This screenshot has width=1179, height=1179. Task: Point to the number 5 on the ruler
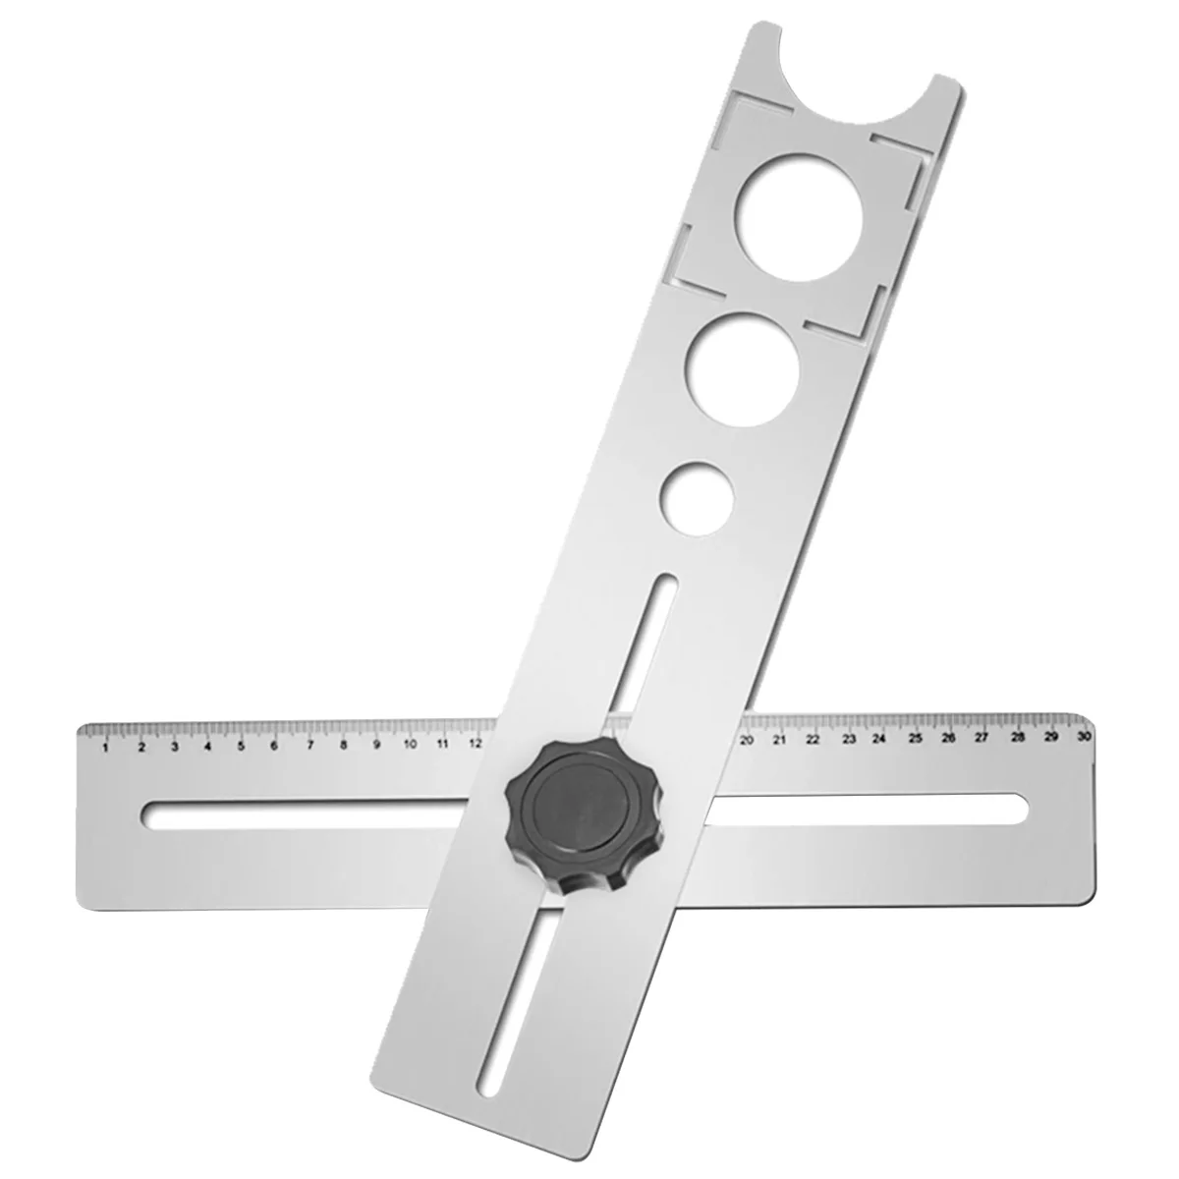click(x=241, y=746)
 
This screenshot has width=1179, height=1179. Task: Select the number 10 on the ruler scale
click(x=410, y=745)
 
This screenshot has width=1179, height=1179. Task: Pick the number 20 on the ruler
click(x=746, y=741)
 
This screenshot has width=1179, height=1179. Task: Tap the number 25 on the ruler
click(x=915, y=738)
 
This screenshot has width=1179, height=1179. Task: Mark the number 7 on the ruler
click(x=309, y=746)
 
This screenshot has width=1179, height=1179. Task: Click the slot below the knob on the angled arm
click(x=511, y=992)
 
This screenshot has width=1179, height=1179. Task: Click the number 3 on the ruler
click(x=174, y=747)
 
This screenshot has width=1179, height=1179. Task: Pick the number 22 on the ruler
click(x=814, y=740)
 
